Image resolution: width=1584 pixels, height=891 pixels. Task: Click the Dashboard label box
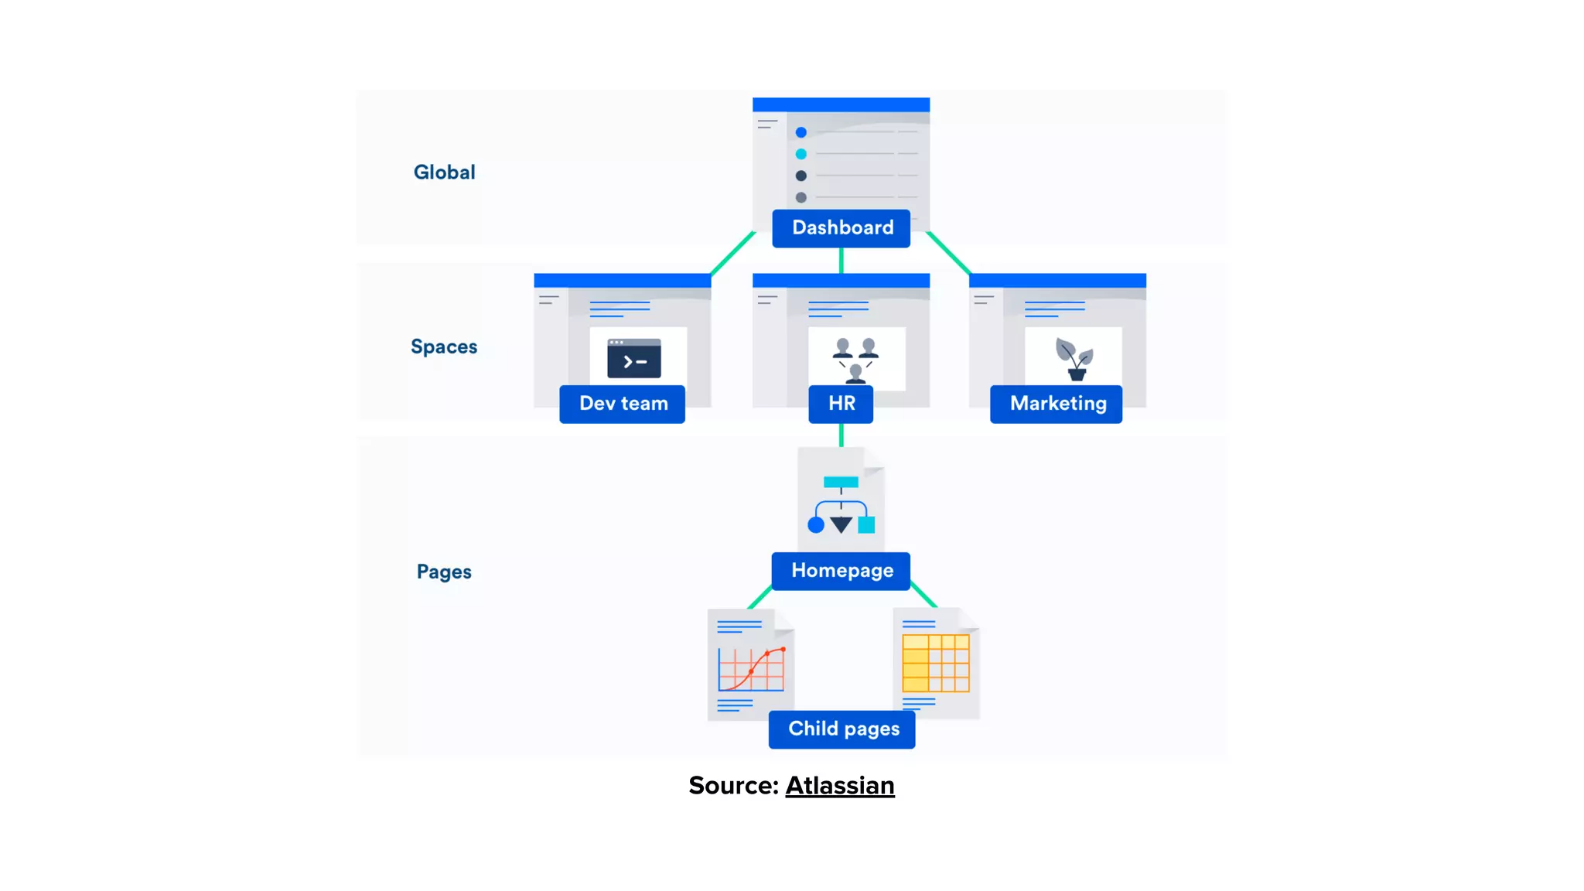(841, 228)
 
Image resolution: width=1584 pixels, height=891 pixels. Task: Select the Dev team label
(622, 404)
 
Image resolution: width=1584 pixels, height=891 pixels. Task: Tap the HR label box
(841, 404)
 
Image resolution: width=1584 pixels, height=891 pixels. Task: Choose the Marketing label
(1056, 404)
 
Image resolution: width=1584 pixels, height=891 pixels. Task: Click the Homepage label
(841, 571)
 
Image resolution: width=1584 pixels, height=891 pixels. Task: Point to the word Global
(444, 172)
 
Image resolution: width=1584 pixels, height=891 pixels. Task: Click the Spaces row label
(443, 346)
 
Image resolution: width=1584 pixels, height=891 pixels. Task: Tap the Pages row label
(443, 572)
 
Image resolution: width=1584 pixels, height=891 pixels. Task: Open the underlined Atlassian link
(839, 786)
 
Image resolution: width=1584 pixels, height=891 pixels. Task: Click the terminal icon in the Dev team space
(633, 358)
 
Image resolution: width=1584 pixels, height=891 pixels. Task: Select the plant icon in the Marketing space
(1074, 359)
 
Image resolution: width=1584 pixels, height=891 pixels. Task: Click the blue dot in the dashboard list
(801, 132)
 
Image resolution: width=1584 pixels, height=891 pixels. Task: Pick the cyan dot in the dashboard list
(801, 154)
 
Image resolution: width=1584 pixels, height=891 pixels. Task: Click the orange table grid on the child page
(935, 663)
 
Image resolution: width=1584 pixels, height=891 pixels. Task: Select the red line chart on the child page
(751, 669)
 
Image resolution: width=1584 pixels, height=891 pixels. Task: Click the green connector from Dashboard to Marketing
(949, 253)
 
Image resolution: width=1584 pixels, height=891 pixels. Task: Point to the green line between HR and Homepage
(841, 435)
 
